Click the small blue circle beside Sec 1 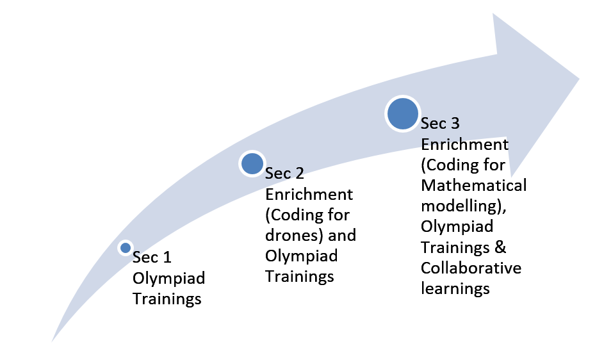coord(126,248)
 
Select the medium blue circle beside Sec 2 coord(252,164)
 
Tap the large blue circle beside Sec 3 coord(402,114)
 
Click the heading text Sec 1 coord(152,258)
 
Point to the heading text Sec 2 coord(284,174)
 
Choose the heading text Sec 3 coord(440,124)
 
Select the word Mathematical coord(474,185)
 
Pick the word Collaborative coord(471,268)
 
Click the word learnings coord(455,289)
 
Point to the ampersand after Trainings coord(500,247)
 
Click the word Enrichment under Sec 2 coord(309,194)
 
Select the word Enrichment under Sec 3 coord(464,145)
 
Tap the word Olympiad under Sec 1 coord(168,279)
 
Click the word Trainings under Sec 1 coord(167,299)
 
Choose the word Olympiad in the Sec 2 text coord(302,256)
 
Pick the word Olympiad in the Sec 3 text coord(457,227)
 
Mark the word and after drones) coord(342,235)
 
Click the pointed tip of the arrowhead coord(579,79)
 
